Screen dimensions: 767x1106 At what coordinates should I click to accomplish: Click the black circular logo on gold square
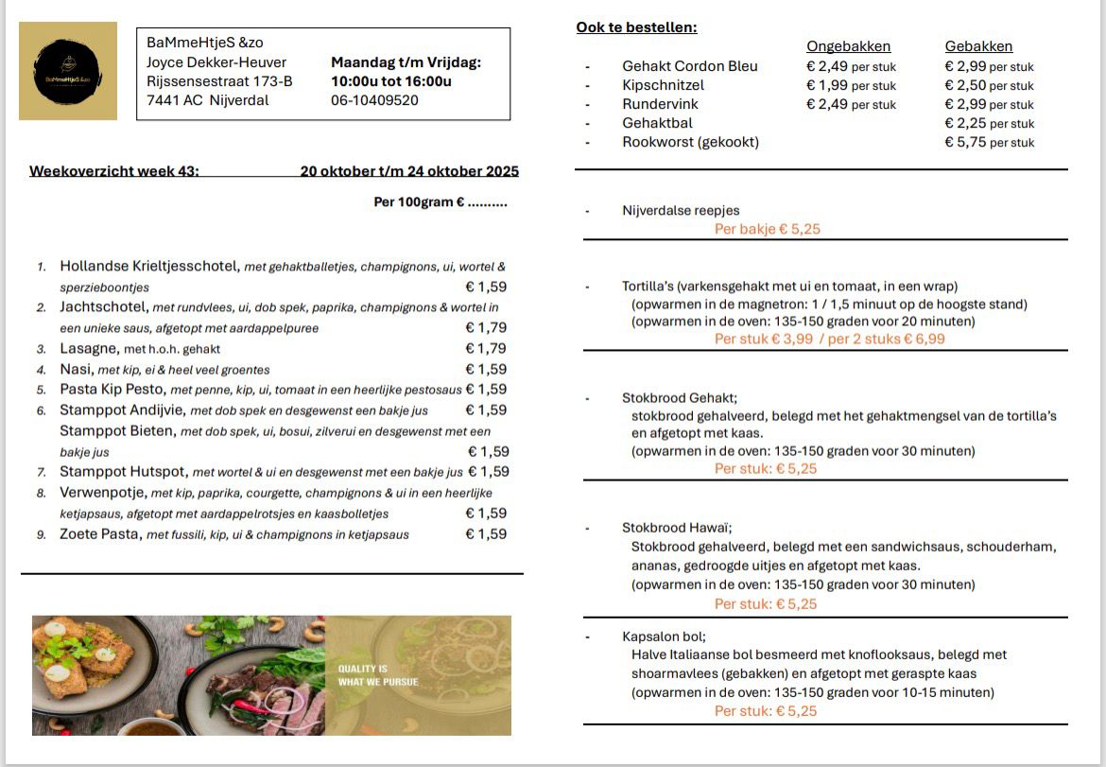point(68,71)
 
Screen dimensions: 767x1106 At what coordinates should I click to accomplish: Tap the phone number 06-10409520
point(374,100)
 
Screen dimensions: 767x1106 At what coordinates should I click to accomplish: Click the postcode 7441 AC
point(174,100)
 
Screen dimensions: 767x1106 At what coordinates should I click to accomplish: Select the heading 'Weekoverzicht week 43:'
point(114,171)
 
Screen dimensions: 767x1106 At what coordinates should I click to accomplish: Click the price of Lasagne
point(486,349)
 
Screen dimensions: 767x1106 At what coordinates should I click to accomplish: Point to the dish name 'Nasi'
point(76,369)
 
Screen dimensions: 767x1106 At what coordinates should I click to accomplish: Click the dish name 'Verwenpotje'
point(102,493)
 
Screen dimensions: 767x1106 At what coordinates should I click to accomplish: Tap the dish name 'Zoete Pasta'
point(100,534)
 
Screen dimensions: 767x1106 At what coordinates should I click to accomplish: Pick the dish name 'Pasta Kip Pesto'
point(112,390)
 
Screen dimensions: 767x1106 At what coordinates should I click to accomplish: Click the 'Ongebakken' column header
point(848,46)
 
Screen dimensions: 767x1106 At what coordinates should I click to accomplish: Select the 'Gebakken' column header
point(978,46)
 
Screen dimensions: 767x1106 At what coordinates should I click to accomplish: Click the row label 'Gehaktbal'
point(657,123)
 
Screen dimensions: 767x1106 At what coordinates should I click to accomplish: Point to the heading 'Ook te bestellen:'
point(636,27)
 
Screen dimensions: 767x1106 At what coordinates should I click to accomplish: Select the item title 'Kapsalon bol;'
point(664,636)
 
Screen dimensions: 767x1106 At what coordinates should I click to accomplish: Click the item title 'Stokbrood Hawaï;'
point(677,528)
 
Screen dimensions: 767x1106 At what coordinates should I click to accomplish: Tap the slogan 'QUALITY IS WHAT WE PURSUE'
point(378,674)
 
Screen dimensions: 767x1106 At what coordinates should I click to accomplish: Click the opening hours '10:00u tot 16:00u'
point(390,81)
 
